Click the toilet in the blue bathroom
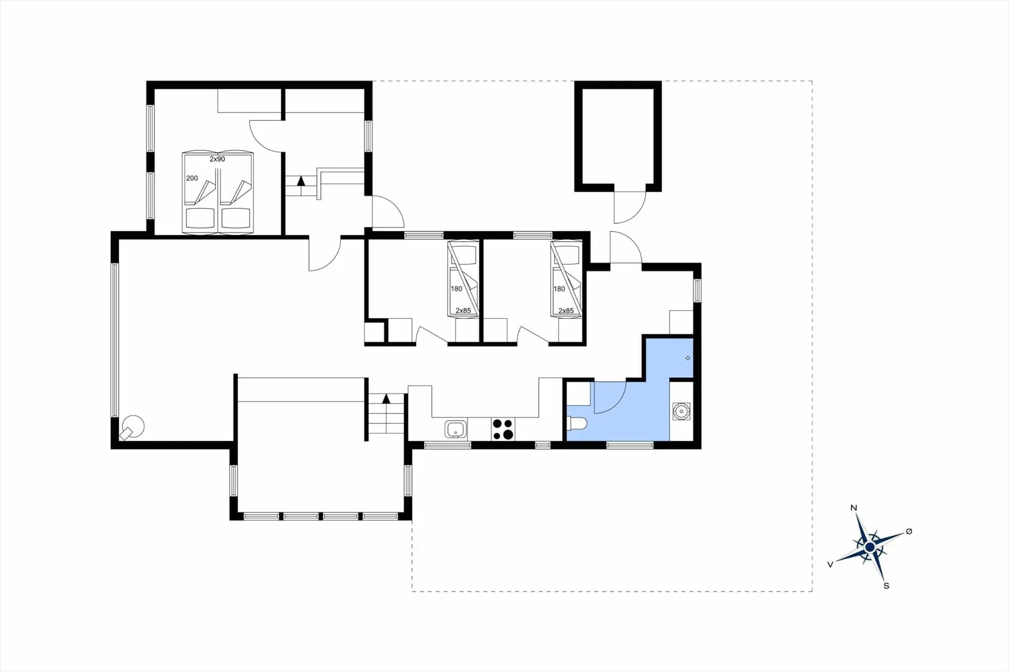tap(577, 423)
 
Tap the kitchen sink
tap(456, 429)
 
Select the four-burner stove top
tap(503, 429)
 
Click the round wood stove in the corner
tap(132, 427)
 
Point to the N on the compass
tap(853, 508)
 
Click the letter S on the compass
tap(887, 586)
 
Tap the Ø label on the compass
tap(909, 532)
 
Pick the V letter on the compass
tap(830, 564)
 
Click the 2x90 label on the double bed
tap(217, 159)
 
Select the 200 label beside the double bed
tap(192, 178)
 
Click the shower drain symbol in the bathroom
tap(688, 358)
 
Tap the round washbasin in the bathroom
tap(682, 411)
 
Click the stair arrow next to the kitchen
tap(386, 398)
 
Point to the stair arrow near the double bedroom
tap(301, 181)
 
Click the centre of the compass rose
tap(870, 548)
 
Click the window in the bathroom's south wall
tap(630, 445)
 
